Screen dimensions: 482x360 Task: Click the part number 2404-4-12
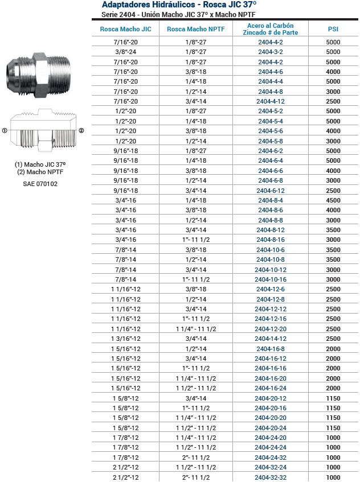click(271, 101)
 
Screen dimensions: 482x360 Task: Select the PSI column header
click(333, 28)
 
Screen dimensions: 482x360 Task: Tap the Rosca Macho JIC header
click(125, 28)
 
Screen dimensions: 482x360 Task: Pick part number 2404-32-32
click(271, 477)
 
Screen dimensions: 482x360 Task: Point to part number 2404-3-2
click(271, 52)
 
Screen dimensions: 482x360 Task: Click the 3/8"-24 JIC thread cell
click(125, 52)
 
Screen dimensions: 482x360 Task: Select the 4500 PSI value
click(333, 200)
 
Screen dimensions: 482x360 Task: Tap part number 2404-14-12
click(271, 339)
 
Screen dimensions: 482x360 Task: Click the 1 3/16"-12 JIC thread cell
click(125, 339)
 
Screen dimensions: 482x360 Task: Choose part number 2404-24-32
click(271, 458)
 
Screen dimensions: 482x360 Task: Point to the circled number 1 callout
click(5, 130)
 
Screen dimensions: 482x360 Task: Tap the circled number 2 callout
click(81, 130)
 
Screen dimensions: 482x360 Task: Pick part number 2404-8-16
click(271, 240)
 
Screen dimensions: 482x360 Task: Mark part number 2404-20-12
click(271, 398)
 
